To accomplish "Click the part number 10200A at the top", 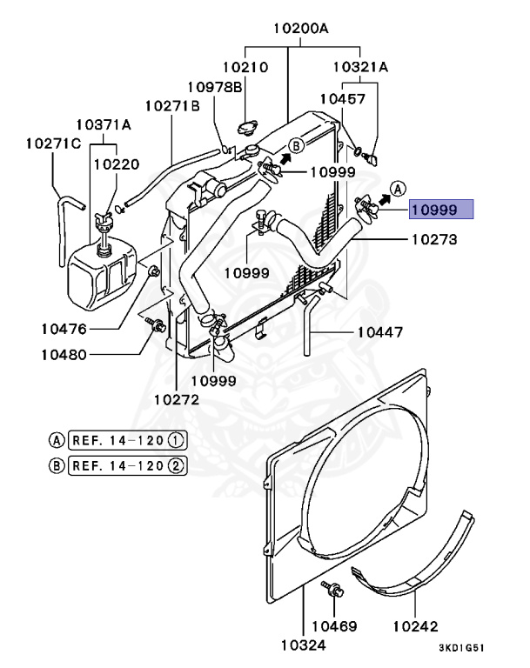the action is tap(300, 29).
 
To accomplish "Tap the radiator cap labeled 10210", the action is tap(248, 127).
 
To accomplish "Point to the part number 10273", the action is tap(434, 239).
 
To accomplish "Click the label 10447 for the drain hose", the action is tap(380, 332).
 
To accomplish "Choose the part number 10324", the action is tap(303, 645).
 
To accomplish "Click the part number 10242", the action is tap(415, 626).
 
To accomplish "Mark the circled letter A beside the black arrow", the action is tap(399, 188).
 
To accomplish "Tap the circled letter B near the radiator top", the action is tap(296, 146).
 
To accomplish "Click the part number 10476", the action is tap(64, 329).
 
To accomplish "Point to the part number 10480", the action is tap(64, 355).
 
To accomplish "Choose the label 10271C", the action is tap(53, 144).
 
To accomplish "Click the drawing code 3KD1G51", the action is tap(462, 648).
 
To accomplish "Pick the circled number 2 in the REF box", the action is tap(176, 465).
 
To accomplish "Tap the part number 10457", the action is tap(343, 99).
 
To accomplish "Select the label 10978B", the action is tap(215, 87).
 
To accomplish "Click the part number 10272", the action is tap(176, 399).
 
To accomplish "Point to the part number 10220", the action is tap(117, 164).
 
